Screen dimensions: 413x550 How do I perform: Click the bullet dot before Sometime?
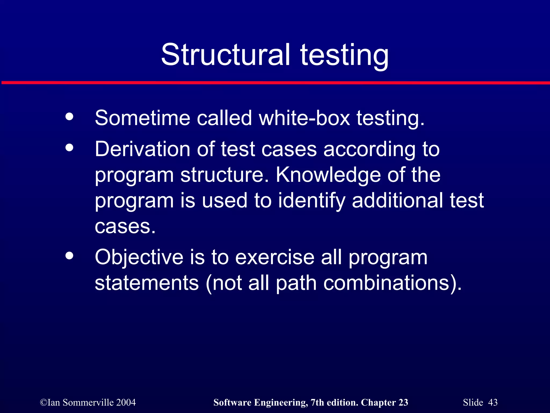click(69, 117)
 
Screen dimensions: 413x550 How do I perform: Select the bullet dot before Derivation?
click(69, 148)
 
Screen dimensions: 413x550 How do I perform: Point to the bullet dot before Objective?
click(69, 256)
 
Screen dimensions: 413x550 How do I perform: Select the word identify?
click(312, 201)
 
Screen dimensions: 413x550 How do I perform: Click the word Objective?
click(139, 257)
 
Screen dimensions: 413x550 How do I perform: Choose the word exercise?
click(275, 257)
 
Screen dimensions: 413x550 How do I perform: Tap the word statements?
click(147, 283)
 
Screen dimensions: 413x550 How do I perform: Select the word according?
click(370, 149)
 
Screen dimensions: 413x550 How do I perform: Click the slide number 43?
click(493, 403)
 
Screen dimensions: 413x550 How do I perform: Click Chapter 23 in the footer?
click(384, 403)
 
